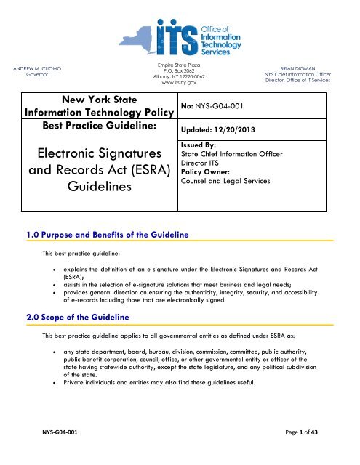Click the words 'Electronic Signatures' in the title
click(104, 154)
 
